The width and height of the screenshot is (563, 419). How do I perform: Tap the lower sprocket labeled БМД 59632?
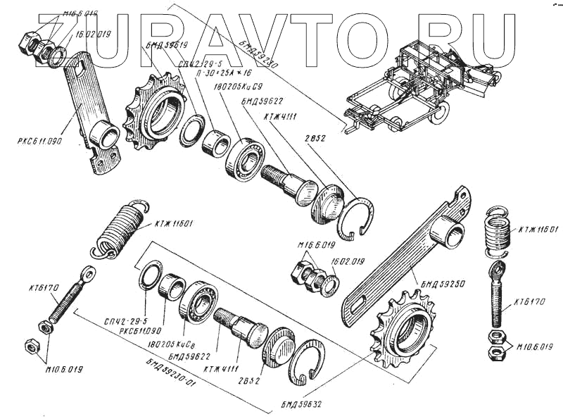pyautogui.click(x=401, y=327)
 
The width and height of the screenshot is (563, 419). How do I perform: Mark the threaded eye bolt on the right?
pyautogui.click(x=499, y=296)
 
